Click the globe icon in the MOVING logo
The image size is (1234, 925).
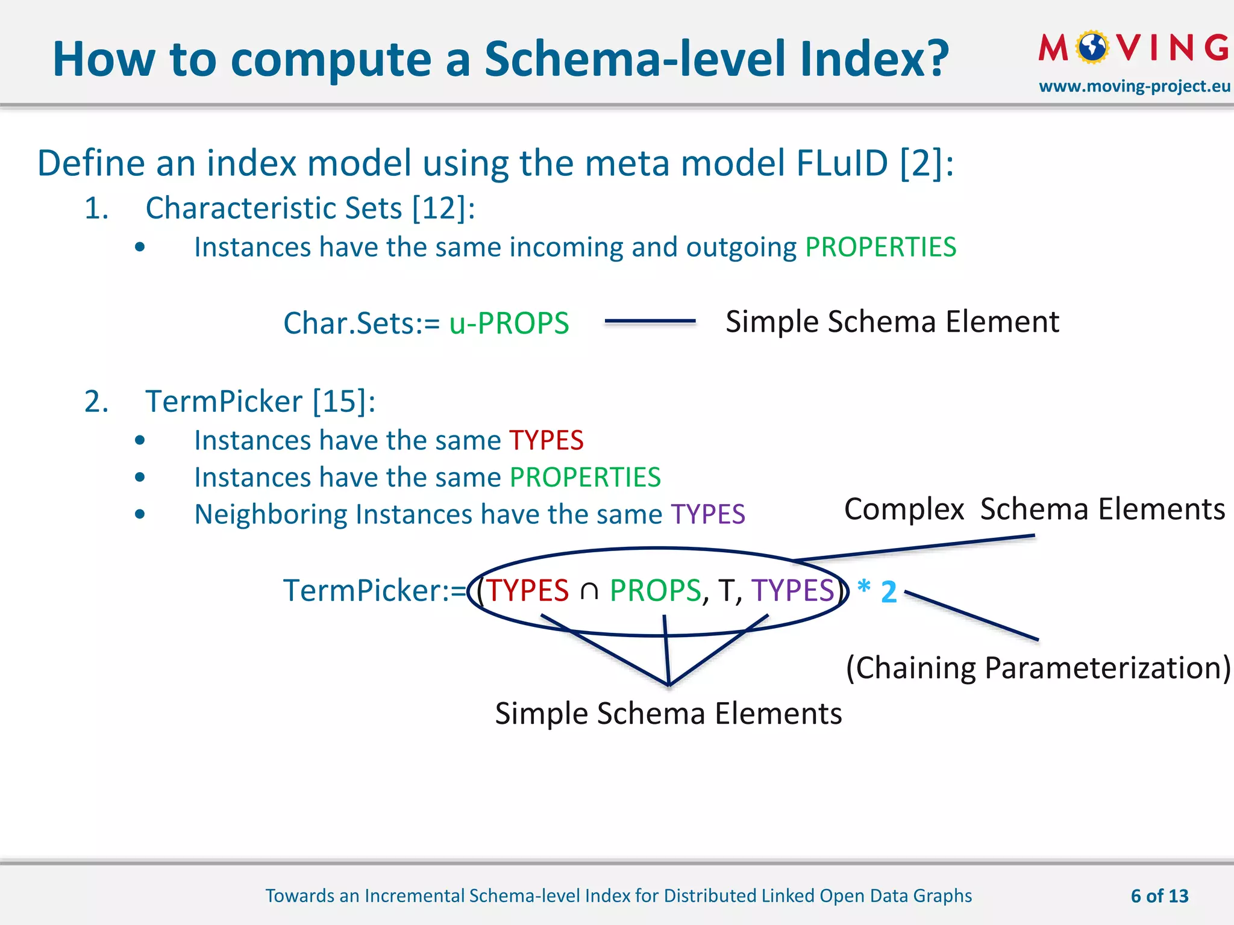point(1092,48)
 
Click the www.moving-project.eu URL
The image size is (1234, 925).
point(1134,86)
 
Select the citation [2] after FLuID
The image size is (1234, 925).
point(926,163)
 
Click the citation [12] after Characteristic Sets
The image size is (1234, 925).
point(443,208)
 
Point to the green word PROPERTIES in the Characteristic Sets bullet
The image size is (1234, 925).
point(880,248)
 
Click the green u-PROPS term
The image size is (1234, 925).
point(509,323)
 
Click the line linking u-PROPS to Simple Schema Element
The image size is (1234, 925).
point(650,322)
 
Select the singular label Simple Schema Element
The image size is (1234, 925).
point(892,322)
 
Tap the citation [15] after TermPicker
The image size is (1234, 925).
point(343,402)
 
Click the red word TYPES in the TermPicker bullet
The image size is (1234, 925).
point(546,440)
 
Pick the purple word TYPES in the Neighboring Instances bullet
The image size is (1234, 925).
point(707,514)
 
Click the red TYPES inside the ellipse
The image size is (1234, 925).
point(527,590)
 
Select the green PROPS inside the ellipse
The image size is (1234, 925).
point(655,590)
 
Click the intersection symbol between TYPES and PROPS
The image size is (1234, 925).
point(589,591)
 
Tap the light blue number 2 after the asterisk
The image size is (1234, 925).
point(889,592)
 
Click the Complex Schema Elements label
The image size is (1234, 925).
point(1034,509)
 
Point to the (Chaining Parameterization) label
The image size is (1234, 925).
point(1038,668)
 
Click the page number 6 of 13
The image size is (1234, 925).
point(1159,896)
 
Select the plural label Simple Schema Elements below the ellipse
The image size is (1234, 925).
point(668,714)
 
